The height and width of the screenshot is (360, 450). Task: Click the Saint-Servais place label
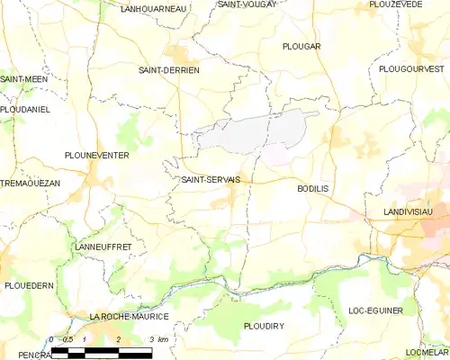tap(210, 179)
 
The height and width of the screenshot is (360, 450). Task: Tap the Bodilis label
tap(314, 189)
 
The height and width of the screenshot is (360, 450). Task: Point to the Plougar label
tap(301, 46)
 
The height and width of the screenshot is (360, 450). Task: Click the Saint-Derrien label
tap(168, 69)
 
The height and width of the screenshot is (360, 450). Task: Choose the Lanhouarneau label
tap(153, 8)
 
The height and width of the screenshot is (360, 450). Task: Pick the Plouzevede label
tap(397, 4)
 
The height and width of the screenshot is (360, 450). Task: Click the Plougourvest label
tap(411, 68)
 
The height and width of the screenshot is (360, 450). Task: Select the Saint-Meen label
tap(23, 79)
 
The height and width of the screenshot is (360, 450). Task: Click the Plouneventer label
tap(96, 155)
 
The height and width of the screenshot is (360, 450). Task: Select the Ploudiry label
tap(265, 324)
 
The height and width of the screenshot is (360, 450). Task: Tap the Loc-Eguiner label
tap(375, 310)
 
